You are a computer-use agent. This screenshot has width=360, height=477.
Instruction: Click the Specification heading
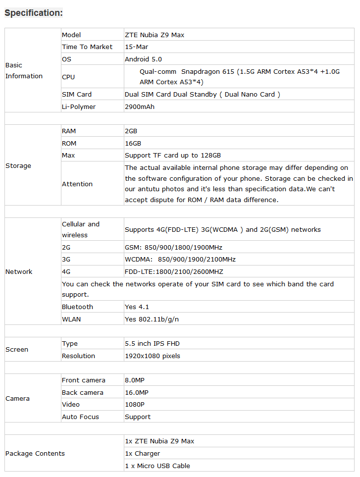34,13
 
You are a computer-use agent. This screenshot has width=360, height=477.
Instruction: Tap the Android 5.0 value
143,59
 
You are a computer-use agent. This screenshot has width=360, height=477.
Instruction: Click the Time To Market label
87,47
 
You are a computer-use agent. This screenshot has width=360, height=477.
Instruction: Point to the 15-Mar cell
137,47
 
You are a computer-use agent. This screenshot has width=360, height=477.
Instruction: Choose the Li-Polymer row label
79,106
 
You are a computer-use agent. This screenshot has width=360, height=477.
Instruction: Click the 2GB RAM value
131,131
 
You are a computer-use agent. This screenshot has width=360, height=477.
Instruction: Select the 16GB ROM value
133,143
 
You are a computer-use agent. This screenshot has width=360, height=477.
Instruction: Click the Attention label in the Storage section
77,184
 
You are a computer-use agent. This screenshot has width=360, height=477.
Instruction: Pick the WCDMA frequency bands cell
180,260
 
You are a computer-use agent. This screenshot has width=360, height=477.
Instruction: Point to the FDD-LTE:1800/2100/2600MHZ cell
174,271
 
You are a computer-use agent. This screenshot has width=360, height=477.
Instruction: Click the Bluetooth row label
77,307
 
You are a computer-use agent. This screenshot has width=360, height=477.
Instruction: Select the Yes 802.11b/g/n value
152,319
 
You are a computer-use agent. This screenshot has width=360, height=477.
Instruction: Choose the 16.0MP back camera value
137,393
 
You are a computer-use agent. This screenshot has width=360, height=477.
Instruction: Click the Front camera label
84,380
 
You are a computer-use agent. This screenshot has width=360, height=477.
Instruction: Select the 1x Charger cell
143,454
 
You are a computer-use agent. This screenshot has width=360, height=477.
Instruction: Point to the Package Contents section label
35,454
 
